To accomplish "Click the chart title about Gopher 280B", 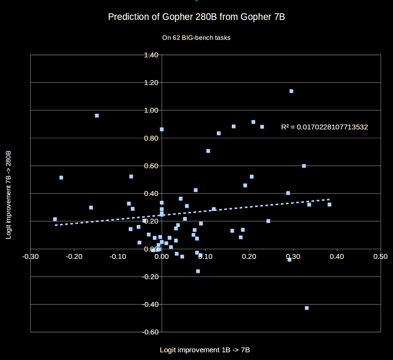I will pos(196,17).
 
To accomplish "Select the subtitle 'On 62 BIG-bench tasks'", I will pos(196,37).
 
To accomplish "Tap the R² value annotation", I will pos(324,127).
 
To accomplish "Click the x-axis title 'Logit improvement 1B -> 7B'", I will pos(205,350).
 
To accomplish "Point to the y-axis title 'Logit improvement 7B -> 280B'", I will pos(9,195).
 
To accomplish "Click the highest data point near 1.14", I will pos(291,91).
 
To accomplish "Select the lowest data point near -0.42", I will pos(307,308).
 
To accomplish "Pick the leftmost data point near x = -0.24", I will pos(55,219).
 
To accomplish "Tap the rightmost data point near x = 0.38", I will pos(329,205).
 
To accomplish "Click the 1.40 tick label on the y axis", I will pos(151,55).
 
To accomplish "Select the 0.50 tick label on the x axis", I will pos(380,256).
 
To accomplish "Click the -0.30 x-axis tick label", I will pos(30,256).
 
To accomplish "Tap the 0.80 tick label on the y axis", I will pos(151,138).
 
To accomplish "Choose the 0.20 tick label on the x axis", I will pos(249,256).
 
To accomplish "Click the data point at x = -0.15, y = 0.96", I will pos(97,116).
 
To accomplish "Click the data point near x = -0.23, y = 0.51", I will pos(61,178).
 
